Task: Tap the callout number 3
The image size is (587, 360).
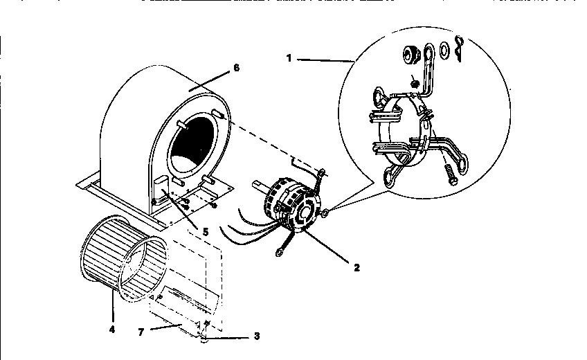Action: [257, 336]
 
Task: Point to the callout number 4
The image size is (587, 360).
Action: [111, 330]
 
